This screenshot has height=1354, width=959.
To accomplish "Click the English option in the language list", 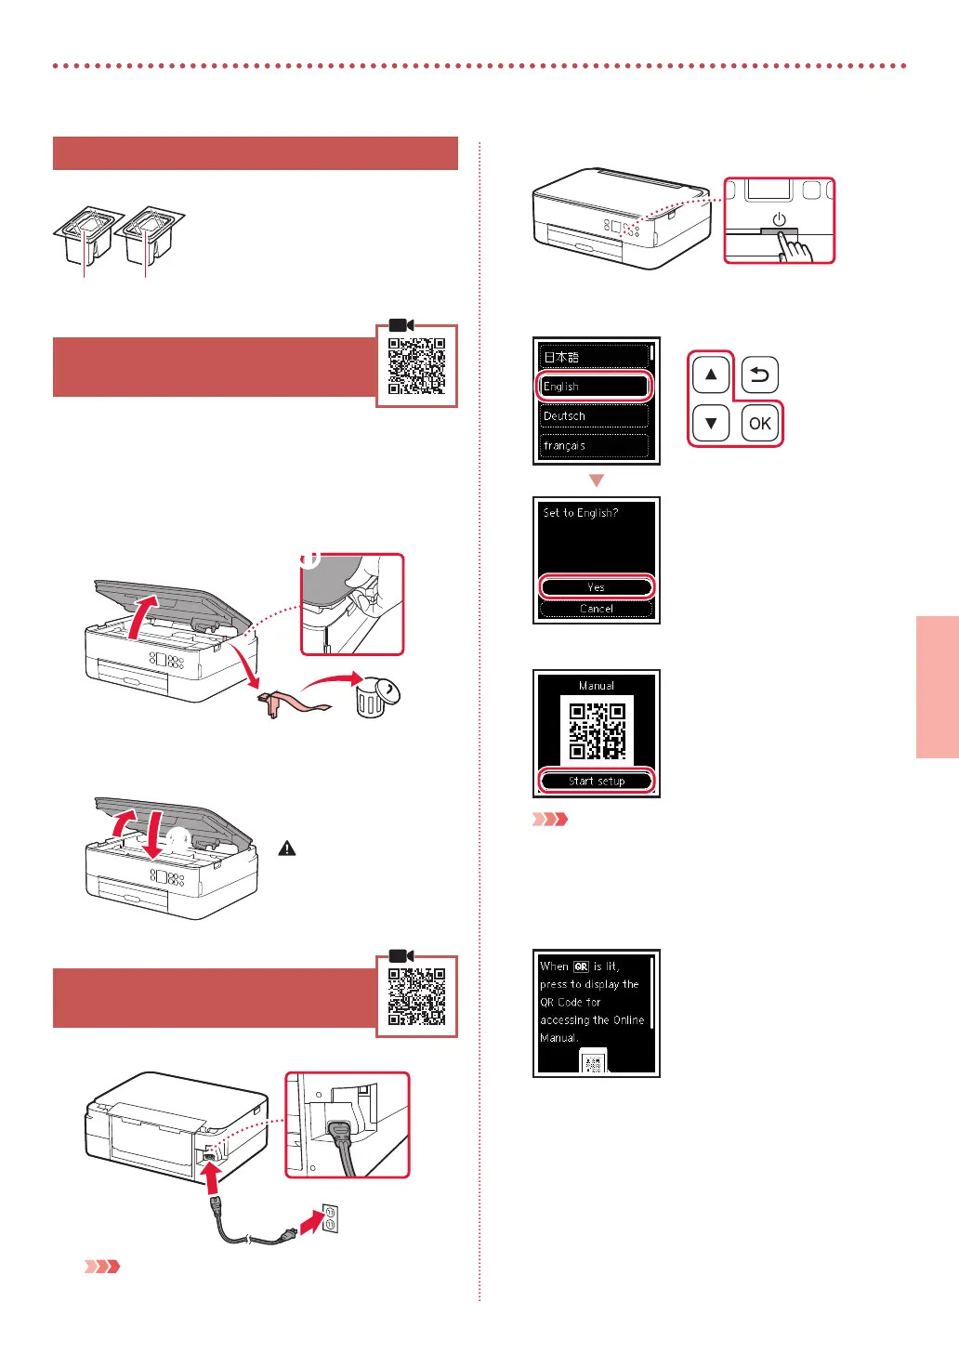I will point(595,386).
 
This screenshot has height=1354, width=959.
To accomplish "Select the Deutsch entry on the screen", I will point(595,415).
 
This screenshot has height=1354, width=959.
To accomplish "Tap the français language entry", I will point(595,445).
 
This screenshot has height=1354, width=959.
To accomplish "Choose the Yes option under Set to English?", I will point(596,586).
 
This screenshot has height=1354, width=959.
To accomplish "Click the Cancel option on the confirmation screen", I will point(596,609).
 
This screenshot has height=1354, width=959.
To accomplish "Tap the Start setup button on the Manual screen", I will point(596,781).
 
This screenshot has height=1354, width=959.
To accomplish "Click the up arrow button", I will point(711,375).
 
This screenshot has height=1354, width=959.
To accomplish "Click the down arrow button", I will point(711,424).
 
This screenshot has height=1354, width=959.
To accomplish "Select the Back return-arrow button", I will point(760,375).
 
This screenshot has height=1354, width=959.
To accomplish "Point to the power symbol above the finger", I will point(779,220).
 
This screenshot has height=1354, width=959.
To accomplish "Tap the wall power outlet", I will point(329,1217).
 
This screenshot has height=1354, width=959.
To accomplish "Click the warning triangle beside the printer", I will point(287,848).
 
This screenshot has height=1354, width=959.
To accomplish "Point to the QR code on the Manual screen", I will point(597,730).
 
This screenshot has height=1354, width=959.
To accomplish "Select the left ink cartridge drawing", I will point(85,236).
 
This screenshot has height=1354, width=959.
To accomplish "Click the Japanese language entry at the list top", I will point(595,357).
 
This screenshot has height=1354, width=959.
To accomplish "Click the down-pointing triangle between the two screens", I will point(597,480).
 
